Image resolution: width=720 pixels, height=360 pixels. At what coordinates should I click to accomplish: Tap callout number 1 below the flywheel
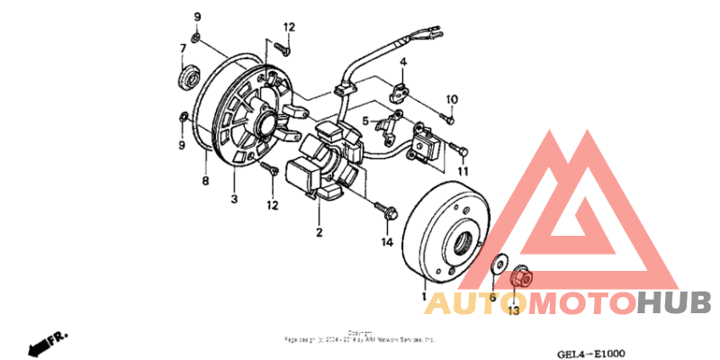coord(423,295)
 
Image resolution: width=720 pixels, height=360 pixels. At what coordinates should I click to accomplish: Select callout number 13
coord(513,311)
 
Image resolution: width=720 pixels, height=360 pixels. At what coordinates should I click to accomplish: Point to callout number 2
coord(318,232)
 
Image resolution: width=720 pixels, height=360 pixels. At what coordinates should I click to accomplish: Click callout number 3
coord(234,199)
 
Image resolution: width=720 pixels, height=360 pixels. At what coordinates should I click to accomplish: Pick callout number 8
coord(205,181)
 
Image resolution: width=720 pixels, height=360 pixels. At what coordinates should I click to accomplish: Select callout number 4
coord(404,62)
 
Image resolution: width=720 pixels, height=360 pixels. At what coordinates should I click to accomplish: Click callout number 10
coord(453,99)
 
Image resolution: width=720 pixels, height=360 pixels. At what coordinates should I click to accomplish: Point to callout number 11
coord(463,171)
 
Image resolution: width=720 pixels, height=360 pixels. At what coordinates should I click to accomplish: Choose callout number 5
coord(366,121)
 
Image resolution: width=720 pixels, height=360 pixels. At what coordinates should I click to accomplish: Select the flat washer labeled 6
coord(496,267)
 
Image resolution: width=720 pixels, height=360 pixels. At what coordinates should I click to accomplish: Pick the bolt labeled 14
coord(386,211)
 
